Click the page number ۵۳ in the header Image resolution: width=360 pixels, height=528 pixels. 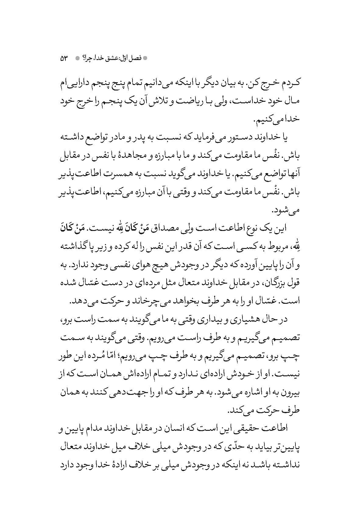(65, 58)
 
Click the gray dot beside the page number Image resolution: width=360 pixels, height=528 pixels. (78, 58)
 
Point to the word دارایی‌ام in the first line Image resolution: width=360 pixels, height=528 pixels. (288, 86)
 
